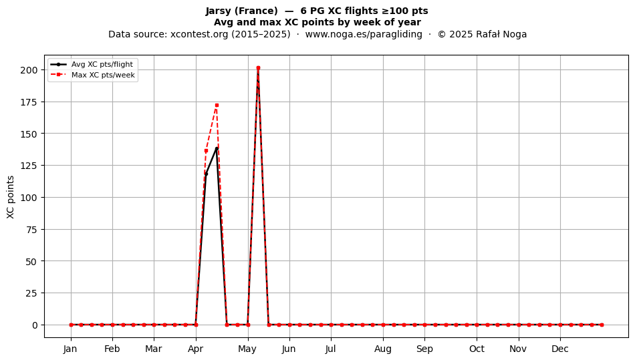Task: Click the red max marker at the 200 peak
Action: click(x=258, y=68)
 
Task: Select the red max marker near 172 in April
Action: click(x=217, y=105)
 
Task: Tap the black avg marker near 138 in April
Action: click(x=217, y=148)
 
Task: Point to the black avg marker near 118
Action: click(x=206, y=174)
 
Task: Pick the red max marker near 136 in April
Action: click(x=206, y=151)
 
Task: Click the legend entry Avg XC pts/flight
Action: click(x=92, y=64)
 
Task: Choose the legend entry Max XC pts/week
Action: click(x=93, y=75)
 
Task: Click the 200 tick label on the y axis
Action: click(x=29, y=70)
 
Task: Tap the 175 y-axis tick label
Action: click(x=29, y=102)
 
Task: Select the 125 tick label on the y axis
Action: click(x=29, y=166)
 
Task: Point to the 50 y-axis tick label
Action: click(x=31, y=261)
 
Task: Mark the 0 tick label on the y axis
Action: click(x=35, y=325)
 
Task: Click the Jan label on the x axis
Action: click(x=70, y=349)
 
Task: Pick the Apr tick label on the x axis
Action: click(x=196, y=349)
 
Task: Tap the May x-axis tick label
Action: click(x=247, y=349)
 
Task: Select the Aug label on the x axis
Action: click(x=383, y=349)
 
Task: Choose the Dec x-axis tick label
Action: click(x=560, y=349)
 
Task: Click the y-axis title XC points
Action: click(x=11, y=197)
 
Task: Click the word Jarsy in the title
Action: click(x=219, y=11)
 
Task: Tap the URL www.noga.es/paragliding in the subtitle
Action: click(x=364, y=34)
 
